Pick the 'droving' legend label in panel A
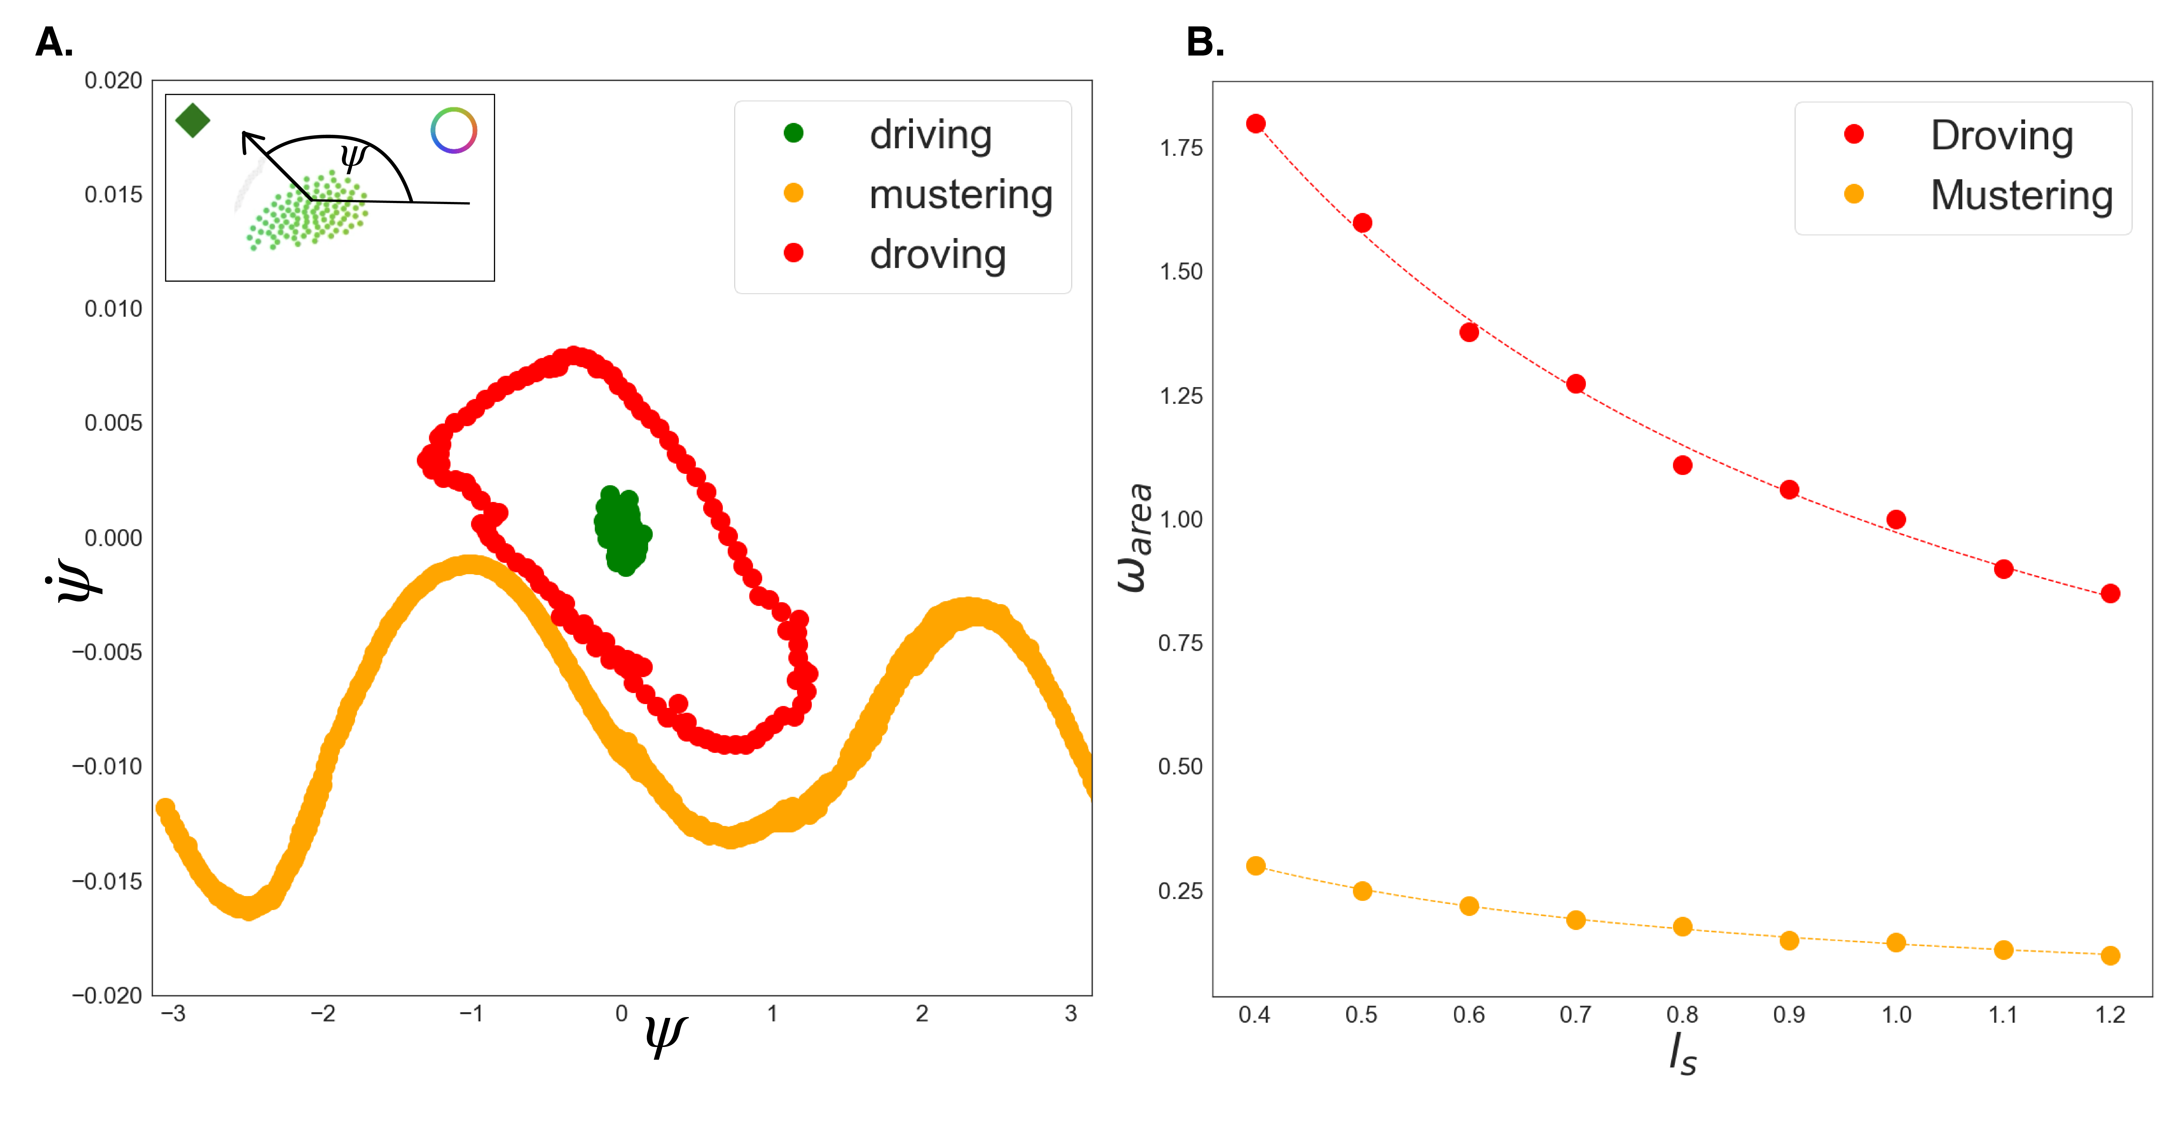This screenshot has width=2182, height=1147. [938, 254]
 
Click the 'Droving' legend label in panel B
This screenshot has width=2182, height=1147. [2002, 136]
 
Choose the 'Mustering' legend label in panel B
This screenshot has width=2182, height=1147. [2021, 196]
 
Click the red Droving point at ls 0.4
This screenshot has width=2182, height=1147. [1255, 124]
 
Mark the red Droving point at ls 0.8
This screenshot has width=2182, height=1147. [1682, 465]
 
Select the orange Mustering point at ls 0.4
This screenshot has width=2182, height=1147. [1255, 866]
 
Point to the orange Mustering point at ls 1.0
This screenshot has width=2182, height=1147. [1896, 943]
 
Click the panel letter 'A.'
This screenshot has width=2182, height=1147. [54, 42]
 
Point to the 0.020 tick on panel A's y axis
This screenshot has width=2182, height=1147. [113, 81]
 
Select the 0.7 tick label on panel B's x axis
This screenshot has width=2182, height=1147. [1576, 1015]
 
